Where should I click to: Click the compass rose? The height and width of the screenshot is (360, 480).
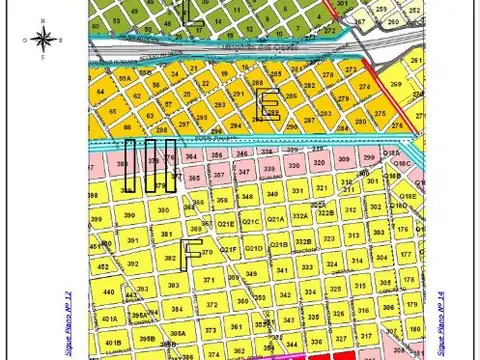[x=42, y=39]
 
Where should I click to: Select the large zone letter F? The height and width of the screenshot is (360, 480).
[x=191, y=255]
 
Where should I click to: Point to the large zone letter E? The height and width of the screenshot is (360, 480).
[x=267, y=104]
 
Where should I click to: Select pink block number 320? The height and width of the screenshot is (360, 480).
[x=319, y=161]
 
